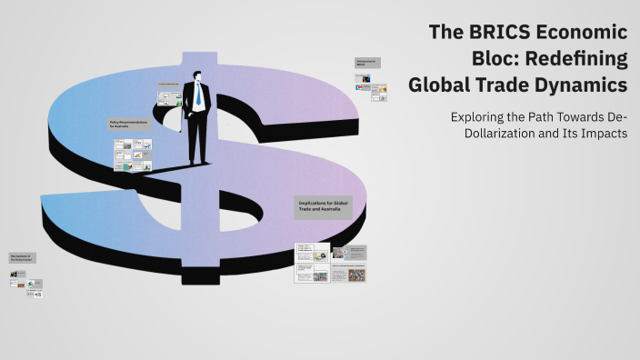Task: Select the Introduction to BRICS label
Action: [x=367, y=64]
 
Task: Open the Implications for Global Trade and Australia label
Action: [x=322, y=206]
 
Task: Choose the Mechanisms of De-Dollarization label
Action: [x=22, y=258]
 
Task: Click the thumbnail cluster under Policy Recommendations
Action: [x=132, y=155]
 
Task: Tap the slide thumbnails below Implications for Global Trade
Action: [x=331, y=263]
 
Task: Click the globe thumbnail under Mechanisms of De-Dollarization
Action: [x=35, y=284]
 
